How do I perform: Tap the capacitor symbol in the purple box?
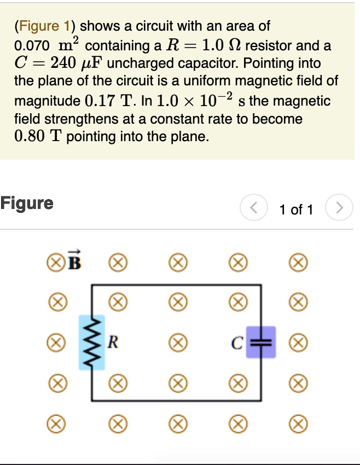260,342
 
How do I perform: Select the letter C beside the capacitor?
236,343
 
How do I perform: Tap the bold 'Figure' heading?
27,204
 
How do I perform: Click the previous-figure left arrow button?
253,208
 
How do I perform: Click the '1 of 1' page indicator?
296,210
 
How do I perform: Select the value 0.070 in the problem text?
32,45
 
